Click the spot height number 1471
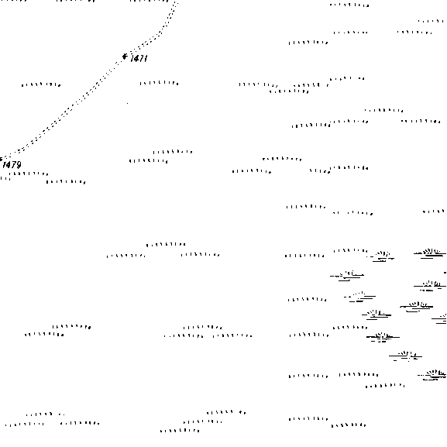pyautogui.click(x=139, y=58)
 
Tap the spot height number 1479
pyautogui.click(x=12, y=164)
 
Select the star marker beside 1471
pyautogui.click(x=125, y=57)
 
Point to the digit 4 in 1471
pyautogui.click(x=136, y=58)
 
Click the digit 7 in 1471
pyautogui.click(x=141, y=58)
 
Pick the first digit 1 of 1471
pyautogui.click(x=132, y=58)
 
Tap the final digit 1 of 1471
pyautogui.click(x=146, y=58)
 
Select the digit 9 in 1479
pyautogui.click(x=19, y=164)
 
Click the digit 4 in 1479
pyautogui.click(x=9, y=164)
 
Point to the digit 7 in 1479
pyautogui.click(x=13, y=164)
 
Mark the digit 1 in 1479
pyautogui.click(x=4, y=164)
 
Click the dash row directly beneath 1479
pyautogui.click(x=29, y=174)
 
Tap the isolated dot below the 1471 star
pyautogui.click(x=127, y=103)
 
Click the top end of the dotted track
pyautogui.click(x=177, y=3)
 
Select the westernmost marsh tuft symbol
pyautogui.click(x=347, y=275)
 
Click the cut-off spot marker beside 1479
pyautogui.click(x=1, y=160)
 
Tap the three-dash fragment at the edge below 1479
pyautogui.click(x=5, y=179)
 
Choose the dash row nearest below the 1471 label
pyautogui.click(x=159, y=83)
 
